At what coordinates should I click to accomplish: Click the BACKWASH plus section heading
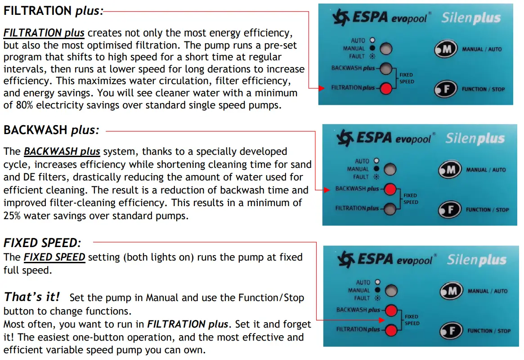[51, 130]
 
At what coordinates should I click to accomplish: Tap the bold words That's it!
[32, 297]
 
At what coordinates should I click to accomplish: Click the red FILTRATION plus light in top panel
[385, 88]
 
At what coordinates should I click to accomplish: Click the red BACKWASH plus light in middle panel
[390, 189]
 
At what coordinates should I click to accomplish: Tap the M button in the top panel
[445, 49]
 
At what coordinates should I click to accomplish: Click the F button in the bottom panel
[450, 331]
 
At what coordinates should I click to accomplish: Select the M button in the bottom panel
[450, 291]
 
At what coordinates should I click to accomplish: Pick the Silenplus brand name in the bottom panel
[476, 260]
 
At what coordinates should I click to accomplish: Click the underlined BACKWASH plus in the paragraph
[62, 152]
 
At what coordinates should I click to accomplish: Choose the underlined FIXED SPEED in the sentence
[54, 257]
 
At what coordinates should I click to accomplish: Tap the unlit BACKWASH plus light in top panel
[385, 69]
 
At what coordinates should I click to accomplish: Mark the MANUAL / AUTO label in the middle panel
[486, 170]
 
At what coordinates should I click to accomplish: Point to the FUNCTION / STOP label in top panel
[483, 89]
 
